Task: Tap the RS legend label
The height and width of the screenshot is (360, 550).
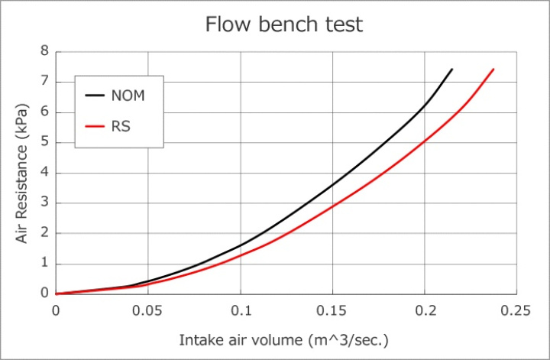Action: (121, 125)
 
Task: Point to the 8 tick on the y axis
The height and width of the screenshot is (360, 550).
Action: (44, 51)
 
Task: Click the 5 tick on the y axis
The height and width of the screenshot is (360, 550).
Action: (44, 142)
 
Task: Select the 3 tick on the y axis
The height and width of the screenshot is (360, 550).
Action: (44, 203)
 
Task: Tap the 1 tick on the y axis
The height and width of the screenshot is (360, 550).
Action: (44, 264)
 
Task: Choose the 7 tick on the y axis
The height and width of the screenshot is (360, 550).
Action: (44, 81)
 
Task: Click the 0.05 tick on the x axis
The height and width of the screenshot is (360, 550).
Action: (147, 311)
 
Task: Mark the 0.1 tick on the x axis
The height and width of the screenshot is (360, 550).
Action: (241, 311)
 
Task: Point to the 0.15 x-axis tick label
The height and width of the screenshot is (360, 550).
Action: (332, 311)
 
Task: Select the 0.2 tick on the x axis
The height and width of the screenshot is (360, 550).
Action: (425, 311)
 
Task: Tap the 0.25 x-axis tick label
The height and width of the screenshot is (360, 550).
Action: (516, 311)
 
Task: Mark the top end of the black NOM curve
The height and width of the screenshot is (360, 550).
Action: (452, 69)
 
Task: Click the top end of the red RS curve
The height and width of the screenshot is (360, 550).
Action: (493, 69)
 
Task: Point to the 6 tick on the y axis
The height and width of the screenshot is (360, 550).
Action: (44, 112)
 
